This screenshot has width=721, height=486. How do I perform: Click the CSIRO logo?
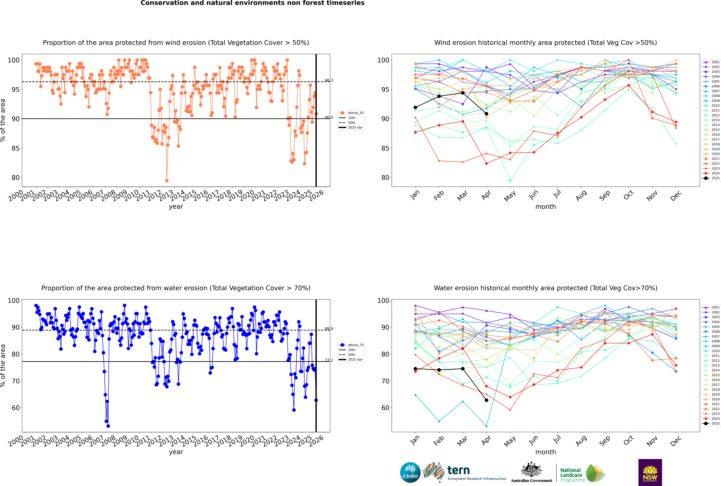[x=410, y=472]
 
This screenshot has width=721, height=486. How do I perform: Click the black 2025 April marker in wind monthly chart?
[x=486, y=114]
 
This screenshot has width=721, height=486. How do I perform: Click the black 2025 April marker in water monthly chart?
[x=486, y=400]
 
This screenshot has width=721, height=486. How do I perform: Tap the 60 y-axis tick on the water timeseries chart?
[x=15, y=408]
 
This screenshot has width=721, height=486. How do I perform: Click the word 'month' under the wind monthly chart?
[x=546, y=207]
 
